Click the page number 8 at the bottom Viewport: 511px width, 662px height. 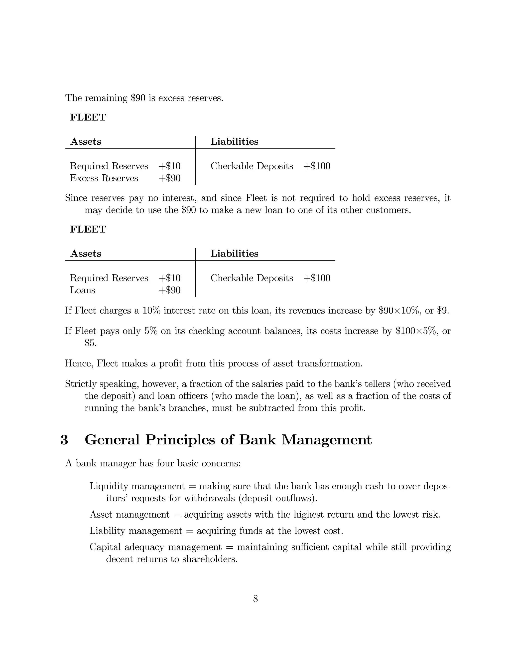tap(255, 599)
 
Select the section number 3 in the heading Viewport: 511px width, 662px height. tap(64, 440)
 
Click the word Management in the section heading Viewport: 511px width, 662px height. tap(327, 440)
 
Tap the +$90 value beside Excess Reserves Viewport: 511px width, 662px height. tap(169, 178)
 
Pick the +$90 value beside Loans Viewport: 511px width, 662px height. tap(169, 290)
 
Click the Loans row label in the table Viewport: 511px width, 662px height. tap(82, 290)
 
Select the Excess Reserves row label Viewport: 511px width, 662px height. tap(104, 178)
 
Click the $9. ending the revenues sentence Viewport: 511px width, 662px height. tap(443, 311)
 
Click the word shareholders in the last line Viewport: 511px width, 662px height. tap(210, 559)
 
